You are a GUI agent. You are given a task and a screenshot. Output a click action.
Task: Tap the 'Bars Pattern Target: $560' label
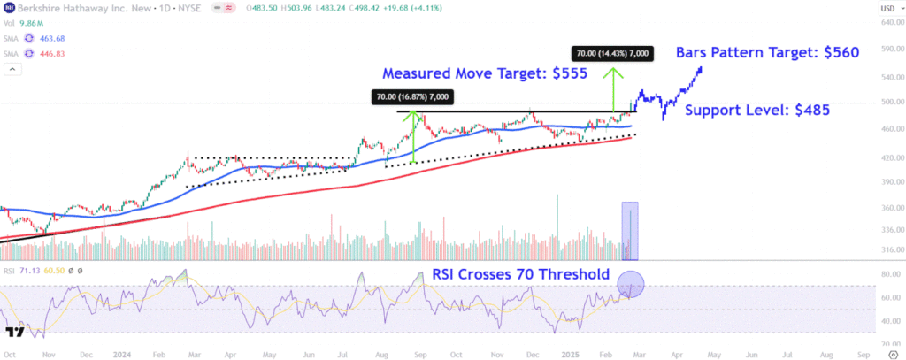tap(767, 52)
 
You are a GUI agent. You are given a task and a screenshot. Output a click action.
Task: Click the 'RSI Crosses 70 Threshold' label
tap(521, 274)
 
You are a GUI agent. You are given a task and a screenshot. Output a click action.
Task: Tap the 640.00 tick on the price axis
tap(885, 22)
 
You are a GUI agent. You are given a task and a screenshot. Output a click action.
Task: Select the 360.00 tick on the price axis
tap(885, 208)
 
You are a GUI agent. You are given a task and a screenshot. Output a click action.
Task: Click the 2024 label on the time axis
tap(122, 353)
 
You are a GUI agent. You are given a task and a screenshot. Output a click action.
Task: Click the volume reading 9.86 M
tap(31, 23)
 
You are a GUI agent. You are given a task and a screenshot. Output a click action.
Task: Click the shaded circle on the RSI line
tap(631, 285)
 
